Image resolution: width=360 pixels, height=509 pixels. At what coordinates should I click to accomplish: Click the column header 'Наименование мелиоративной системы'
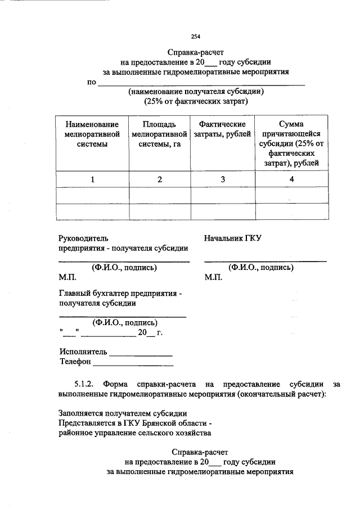click(92, 133)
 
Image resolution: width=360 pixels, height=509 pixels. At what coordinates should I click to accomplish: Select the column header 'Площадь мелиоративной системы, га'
click(160, 133)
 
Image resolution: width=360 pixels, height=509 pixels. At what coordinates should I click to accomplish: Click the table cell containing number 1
click(92, 179)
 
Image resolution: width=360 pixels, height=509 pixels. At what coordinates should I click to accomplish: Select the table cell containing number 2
click(160, 179)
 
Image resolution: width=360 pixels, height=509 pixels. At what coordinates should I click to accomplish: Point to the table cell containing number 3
click(223, 179)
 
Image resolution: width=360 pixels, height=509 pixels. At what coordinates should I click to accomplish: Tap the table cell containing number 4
click(291, 179)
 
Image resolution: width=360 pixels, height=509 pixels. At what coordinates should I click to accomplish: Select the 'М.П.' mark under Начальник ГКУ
click(214, 277)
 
